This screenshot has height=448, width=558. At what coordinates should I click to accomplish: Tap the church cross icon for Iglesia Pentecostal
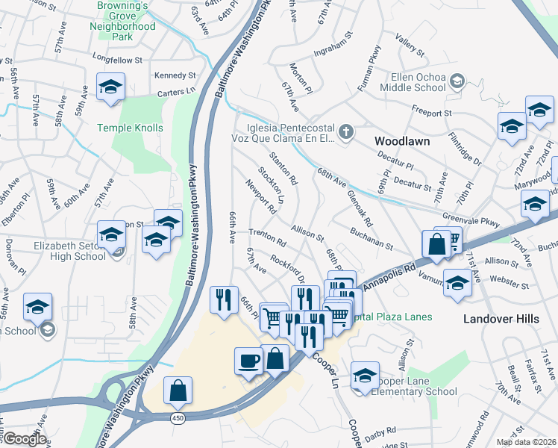click(345, 132)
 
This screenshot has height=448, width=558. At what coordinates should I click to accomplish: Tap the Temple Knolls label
click(130, 128)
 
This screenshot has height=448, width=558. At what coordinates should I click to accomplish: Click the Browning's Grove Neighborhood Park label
click(126, 20)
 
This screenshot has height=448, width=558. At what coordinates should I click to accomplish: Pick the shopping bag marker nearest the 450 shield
click(178, 391)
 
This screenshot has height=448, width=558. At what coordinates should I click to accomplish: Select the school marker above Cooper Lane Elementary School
click(365, 376)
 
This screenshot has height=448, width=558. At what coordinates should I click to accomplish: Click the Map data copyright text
click(525, 442)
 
